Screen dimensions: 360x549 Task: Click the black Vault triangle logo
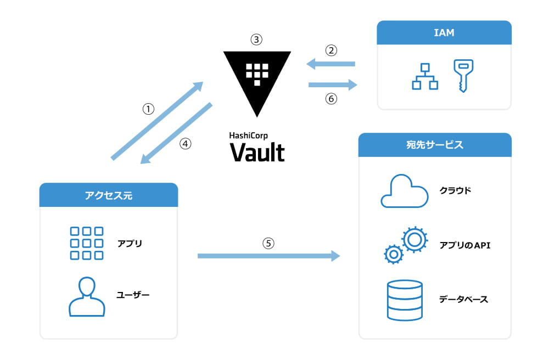tap(257, 77)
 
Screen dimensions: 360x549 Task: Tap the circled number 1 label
tap(148, 109)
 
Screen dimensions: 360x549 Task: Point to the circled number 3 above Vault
tap(256, 40)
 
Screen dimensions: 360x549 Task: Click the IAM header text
tap(444, 33)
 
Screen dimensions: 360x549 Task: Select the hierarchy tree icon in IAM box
tap(425, 76)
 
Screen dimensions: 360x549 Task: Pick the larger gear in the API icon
tap(414, 239)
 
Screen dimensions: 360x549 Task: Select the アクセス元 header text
tap(109, 195)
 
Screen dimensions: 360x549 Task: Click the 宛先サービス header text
tap(434, 145)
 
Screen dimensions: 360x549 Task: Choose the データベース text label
tap(463, 300)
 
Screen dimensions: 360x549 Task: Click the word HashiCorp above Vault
tap(249, 135)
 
